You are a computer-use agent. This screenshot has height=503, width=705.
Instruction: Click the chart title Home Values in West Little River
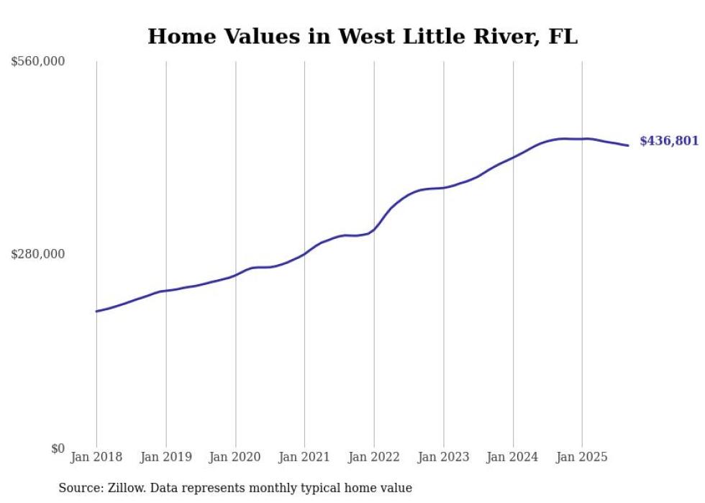[362, 37]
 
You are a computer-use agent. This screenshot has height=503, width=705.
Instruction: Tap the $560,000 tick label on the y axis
[38, 62]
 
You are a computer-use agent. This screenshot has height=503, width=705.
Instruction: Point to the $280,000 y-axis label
[38, 254]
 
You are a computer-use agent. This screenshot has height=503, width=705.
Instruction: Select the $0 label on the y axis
[58, 448]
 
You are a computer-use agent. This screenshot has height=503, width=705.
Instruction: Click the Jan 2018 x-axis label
[96, 457]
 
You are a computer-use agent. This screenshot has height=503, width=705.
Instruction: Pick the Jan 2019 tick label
[166, 457]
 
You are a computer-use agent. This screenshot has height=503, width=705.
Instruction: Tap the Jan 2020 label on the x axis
[235, 457]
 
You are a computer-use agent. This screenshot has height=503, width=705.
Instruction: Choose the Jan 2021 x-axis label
[304, 457]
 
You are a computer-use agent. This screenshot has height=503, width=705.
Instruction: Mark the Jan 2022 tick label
[374, 457]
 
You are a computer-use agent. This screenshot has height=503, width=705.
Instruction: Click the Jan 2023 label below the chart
[443, 457]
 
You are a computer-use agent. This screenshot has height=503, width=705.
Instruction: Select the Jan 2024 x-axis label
[513, 457]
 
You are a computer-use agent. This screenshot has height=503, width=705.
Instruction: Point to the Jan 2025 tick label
[582, 457]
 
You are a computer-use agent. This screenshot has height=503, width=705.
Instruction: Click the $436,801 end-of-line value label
[669, 141]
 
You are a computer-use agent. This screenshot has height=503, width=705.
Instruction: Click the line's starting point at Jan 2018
[96, 312]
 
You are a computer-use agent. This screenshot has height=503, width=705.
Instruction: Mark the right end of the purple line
[628, 145]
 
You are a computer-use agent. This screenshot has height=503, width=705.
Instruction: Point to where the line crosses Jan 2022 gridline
[374, 230]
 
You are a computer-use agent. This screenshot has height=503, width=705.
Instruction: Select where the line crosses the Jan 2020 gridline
[235, 275]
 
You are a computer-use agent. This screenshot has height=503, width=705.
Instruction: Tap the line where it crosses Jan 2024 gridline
[513, 157]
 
